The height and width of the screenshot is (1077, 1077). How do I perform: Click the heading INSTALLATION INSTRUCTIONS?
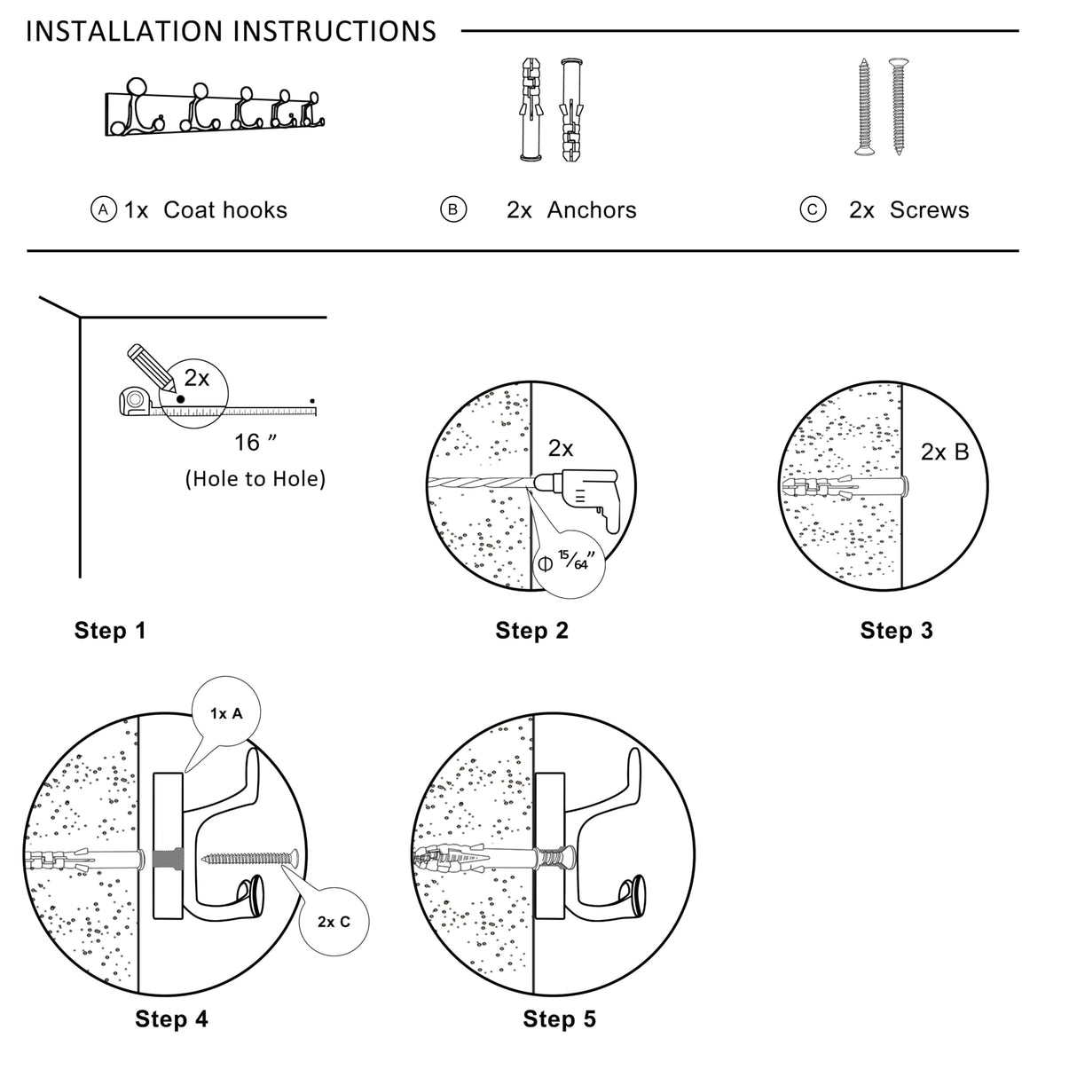231,32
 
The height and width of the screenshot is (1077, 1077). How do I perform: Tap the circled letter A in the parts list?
104,209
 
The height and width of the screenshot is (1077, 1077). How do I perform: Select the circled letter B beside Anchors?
453,209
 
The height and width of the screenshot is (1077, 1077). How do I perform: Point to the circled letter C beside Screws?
813,209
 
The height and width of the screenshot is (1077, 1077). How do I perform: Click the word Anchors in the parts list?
592,210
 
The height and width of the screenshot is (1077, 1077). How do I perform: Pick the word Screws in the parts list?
929,210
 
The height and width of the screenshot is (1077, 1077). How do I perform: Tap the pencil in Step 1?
146,366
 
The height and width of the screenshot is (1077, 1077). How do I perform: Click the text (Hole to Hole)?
255,479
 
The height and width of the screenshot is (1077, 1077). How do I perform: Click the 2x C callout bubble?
334,922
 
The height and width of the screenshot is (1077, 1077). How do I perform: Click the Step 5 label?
559,1019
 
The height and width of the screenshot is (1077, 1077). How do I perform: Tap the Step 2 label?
531,631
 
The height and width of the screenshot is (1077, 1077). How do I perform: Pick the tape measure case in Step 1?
135,400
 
